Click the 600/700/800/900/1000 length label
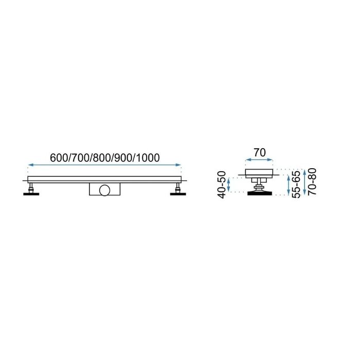[x=105, y=158]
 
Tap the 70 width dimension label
[x=260, y=152]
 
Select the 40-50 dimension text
[x=222, y=185]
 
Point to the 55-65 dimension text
[x=296, y=184]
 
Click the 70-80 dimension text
[x=312, y=182]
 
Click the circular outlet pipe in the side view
[x=105, y=190]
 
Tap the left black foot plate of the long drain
[x=31, y=194]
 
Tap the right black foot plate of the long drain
[x=178, y=194]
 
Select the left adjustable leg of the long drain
[x=31, y=188]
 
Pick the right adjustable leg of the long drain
[x=178, y=188]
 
